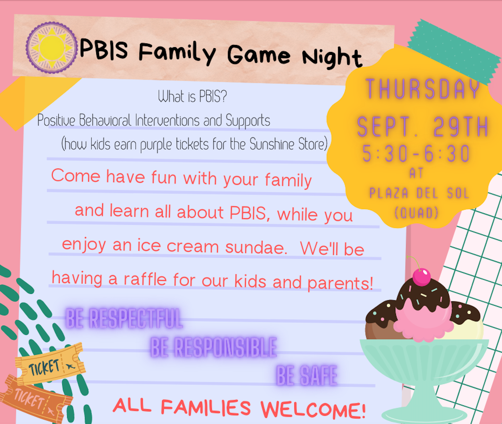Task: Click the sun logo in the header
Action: coord(52,47)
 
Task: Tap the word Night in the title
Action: coord(332,58)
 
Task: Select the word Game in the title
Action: coord(259,54)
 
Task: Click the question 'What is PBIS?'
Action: coord(192,96)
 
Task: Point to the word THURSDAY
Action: coord(423,89)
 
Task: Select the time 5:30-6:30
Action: coord(416,153)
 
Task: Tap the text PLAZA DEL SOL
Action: coord(419,193)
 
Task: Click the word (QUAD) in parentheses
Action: coord(417,213)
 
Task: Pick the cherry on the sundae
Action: coord(422,277)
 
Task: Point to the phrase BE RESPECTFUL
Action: coord(124,319)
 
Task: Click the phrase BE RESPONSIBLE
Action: coord(214,347)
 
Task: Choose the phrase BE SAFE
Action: coord(307,376)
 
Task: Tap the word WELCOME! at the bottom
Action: coord(313,409)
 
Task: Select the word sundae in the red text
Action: coord(256,247)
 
